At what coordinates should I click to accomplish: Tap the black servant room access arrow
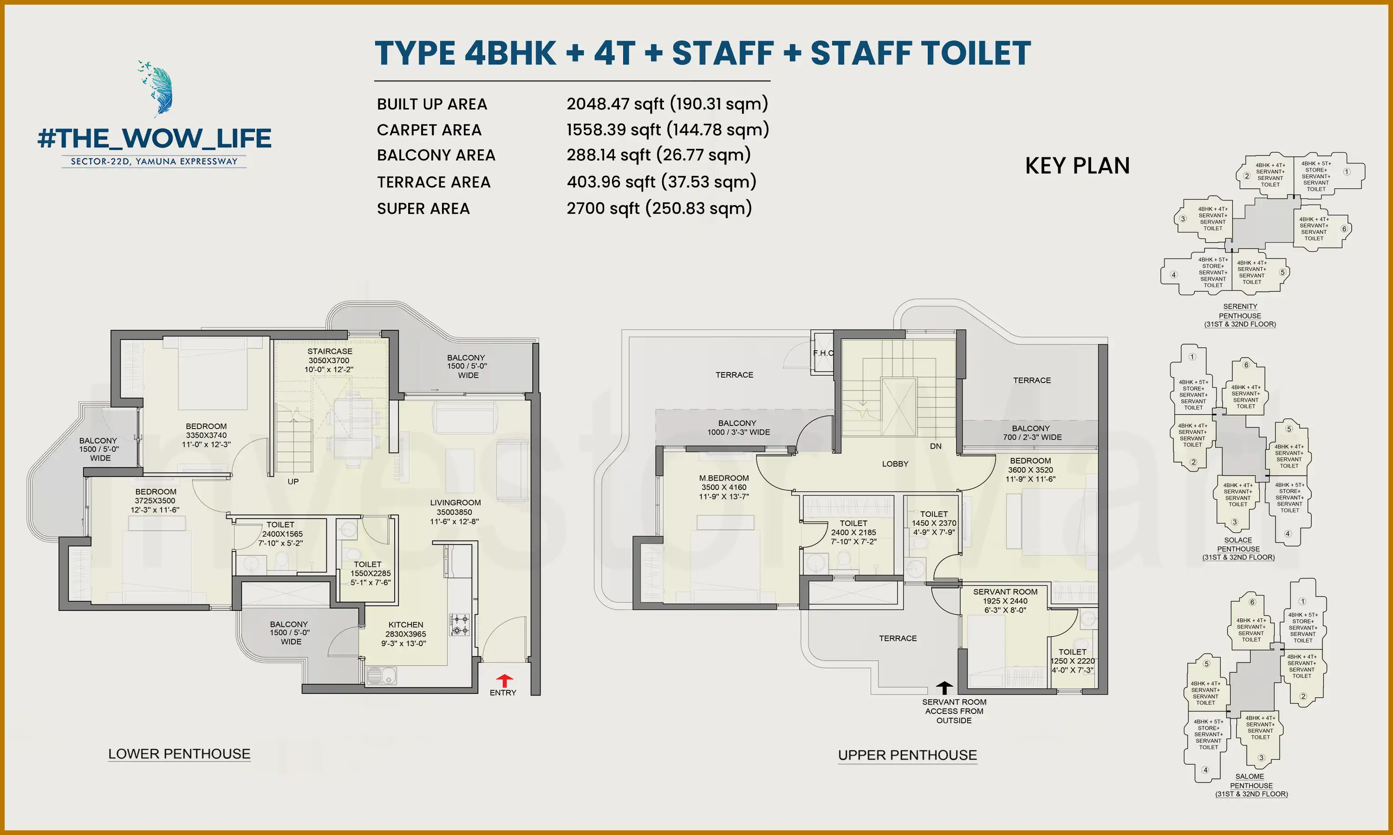[944, 688]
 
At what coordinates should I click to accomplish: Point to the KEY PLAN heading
[1077, 166]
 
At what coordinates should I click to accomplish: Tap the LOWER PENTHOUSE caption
[179, 754]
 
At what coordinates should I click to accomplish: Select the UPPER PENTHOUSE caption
[907, 755]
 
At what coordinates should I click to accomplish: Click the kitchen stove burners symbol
[459, 624]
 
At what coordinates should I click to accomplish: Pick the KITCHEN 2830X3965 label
[405, 634]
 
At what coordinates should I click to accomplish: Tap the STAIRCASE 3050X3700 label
[329, 360]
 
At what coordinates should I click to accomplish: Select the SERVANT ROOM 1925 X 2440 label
[1005, 600]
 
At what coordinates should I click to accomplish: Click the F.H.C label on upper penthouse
[823, 353]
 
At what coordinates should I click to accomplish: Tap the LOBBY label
[895, 463]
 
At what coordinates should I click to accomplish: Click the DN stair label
[935, 446]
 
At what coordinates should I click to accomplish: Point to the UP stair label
[293, 482]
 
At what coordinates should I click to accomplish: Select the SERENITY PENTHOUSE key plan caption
[1240, 315]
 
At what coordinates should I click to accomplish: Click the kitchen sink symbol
[381, 675]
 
